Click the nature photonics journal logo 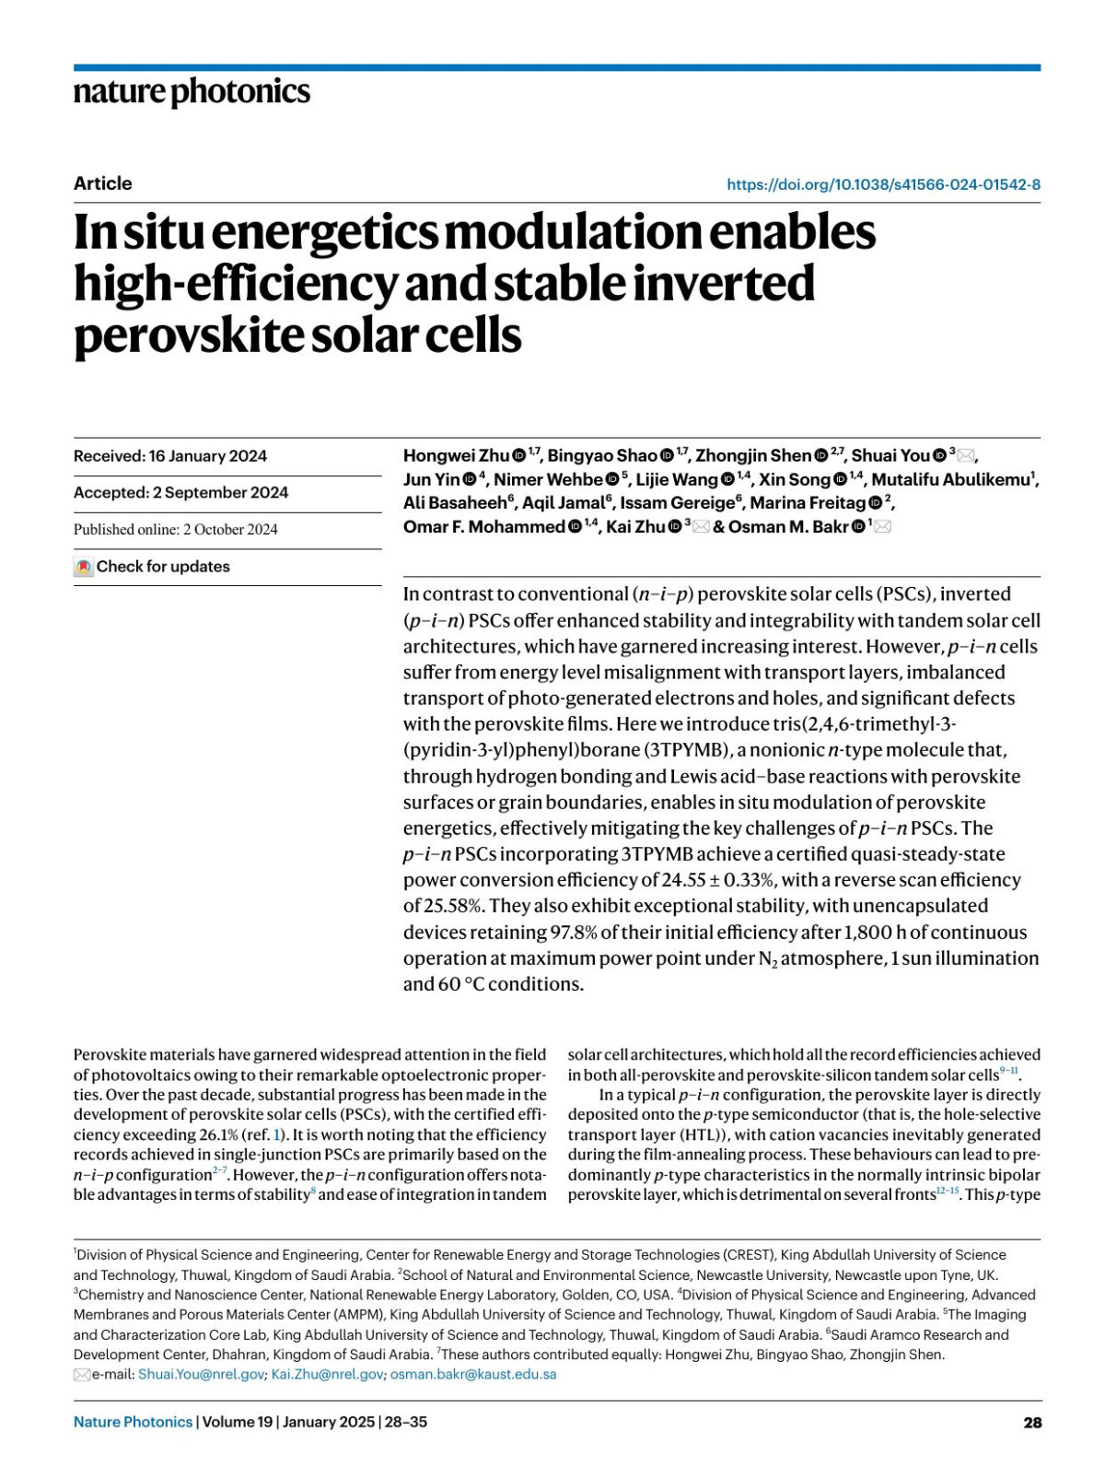[x=192, y=92]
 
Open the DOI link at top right [x=883, y=184]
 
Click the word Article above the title [x=102, y=183]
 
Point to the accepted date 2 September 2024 [x=220, y=493]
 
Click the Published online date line [x=175, y=530]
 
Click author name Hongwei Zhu [x=456, y=456]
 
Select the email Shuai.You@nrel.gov [x=201, y=1374]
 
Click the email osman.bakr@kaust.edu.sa [x=473, y=1374]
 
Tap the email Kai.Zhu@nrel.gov [x=327, y=1374]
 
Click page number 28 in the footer [x=1032, y=1422]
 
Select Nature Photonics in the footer [x=133, y=1422]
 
